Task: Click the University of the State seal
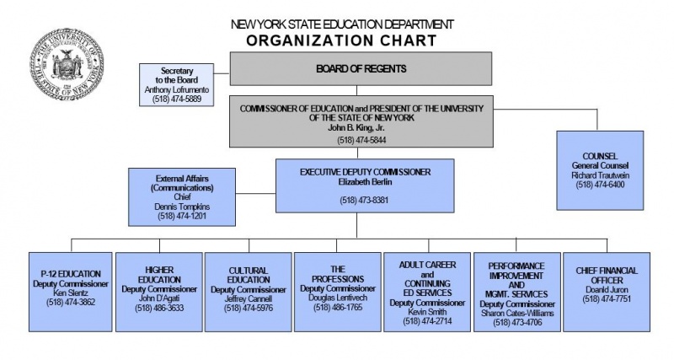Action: click(x=67, y=66)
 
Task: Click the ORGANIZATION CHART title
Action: click(x=341, y=40)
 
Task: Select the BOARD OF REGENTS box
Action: click(x=361, y=68)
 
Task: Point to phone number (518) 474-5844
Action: click(x=358, y=139)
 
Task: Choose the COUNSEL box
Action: click(x=599, y=169)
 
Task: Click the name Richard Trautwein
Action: click(x=599, y=175)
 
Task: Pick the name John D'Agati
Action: click(x=159, y=298)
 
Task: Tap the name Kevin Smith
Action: click(x=426, y=312)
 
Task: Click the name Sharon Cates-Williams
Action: click(x=516, y=312)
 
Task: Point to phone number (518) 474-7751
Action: click(x=607, y=298)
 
